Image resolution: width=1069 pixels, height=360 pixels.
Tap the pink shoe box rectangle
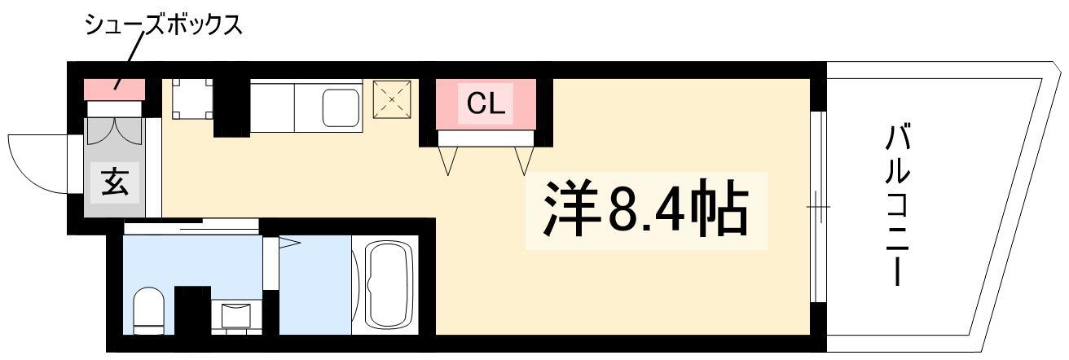[115, 90]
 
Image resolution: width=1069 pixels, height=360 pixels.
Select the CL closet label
[486, 103]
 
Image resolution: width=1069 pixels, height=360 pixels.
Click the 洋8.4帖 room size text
[645, 209]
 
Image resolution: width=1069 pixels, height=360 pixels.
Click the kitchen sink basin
[341, 108]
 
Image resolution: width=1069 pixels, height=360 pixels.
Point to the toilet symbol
[148, 311]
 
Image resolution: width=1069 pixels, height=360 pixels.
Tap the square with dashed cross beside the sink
[392, 99]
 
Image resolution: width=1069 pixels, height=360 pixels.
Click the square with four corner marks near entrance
[192, 99]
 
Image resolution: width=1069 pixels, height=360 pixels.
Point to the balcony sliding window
[818, 207]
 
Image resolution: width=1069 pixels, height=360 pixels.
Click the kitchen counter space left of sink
[272, 108]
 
